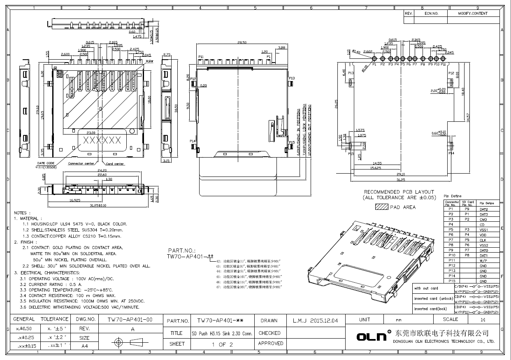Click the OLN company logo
point(372,337)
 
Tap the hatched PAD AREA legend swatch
point(381,207)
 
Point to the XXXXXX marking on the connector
point(102,140)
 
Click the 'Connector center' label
point(81,163)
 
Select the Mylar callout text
point(149,60)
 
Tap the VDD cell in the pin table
point(483,235)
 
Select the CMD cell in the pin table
point(483,219)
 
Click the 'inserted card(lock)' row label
point(430,309)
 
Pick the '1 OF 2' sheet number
point(222,344)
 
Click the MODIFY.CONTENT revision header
point(473,14)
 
